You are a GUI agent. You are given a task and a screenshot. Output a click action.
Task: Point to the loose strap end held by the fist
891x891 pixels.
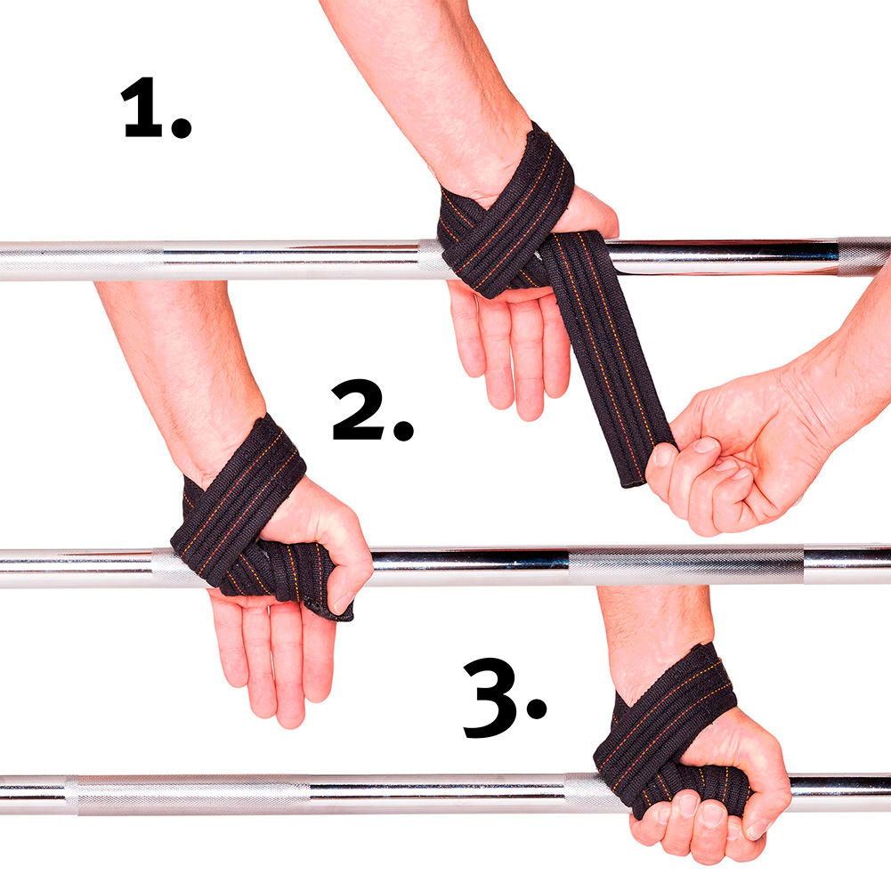pos(611,358)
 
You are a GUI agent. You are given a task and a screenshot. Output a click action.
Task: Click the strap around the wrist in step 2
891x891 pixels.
pos(239,500)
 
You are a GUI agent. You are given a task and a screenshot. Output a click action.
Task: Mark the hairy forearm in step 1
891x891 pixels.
pos(432,85)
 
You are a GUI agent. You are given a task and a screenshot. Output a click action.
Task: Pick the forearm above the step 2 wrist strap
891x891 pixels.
pos(182,364)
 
